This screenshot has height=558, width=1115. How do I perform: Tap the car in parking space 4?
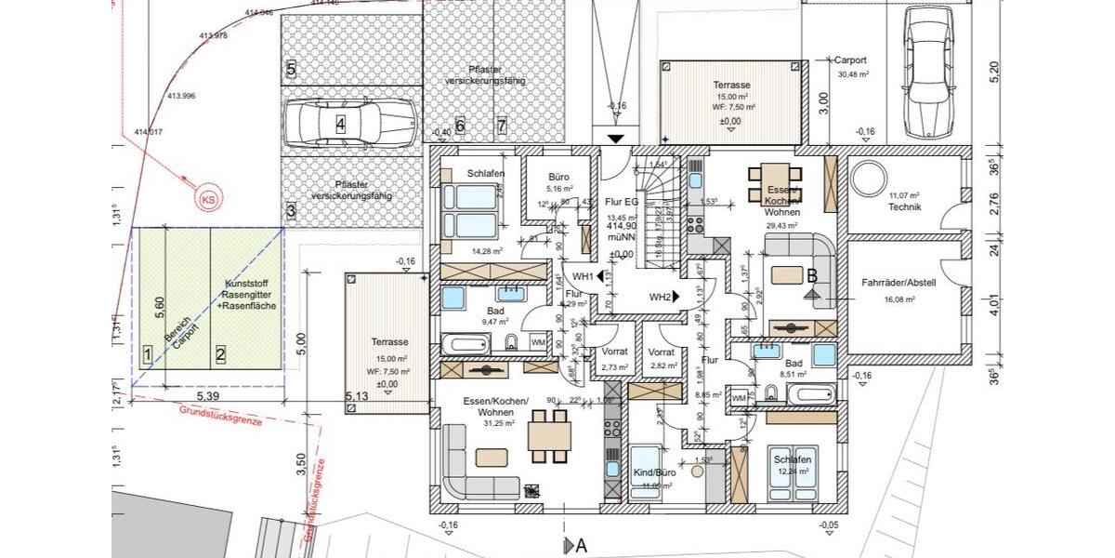click(x=350, y=123)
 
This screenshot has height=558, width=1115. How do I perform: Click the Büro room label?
click(x=557, y=176)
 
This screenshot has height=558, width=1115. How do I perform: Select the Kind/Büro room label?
click(x=654, y=472)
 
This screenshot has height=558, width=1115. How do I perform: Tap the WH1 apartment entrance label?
click(x=583, y=276)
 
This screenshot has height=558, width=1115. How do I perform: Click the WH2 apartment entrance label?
click(x=661, y=297)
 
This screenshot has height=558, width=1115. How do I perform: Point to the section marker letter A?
click(x=582, y=546)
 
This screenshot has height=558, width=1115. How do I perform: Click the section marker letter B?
click(x=811, y=275)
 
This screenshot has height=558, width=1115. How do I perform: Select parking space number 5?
click(x=291, y=70)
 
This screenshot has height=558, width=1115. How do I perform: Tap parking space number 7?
click(x=501, y=126)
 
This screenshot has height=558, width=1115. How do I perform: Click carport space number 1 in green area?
click(x=147, y=353)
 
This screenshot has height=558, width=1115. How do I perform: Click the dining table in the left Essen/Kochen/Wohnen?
click(x=549, y=435)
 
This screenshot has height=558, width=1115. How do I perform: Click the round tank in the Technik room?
click(x=872, y=177)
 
